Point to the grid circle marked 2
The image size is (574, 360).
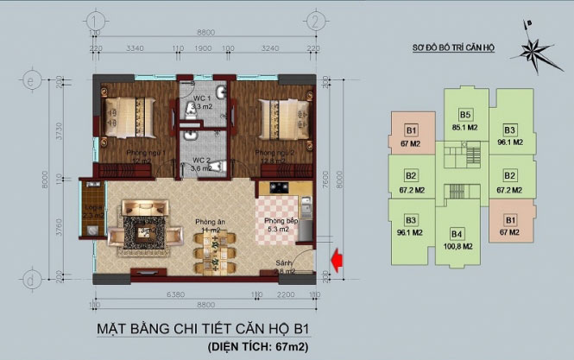(x=318, y=20)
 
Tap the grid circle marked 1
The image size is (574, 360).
(x=93, y=20)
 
